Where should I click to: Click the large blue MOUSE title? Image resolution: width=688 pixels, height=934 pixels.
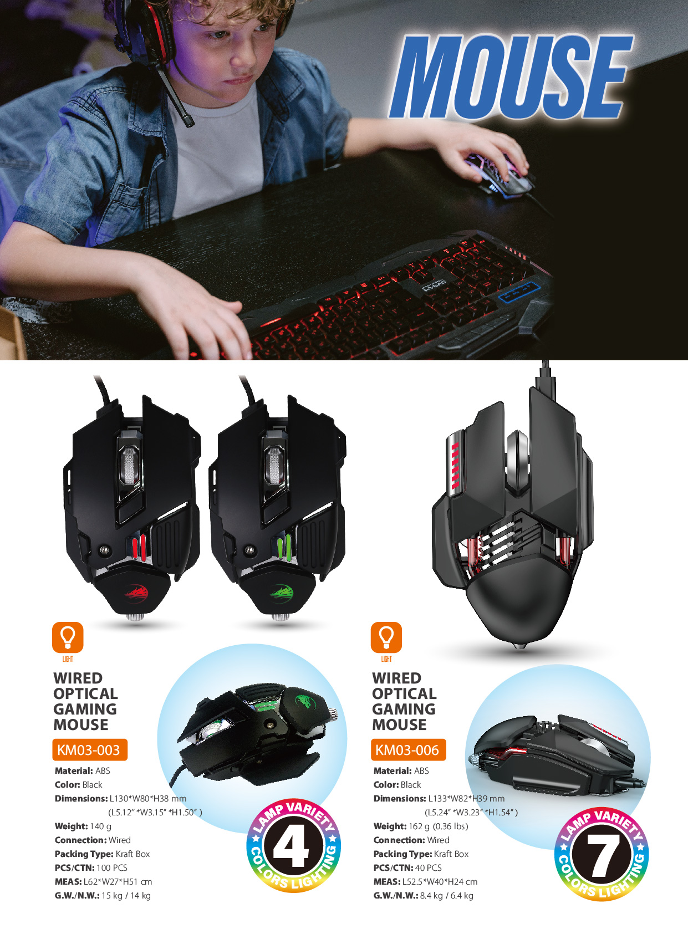point(511,76)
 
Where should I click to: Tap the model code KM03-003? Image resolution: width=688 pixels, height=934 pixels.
point(88,750)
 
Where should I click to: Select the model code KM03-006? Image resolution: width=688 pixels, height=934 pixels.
point(407,750)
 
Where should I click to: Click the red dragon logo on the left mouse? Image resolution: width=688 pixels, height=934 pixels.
point(136,592)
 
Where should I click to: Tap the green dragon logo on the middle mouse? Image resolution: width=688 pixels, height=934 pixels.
point(282,592)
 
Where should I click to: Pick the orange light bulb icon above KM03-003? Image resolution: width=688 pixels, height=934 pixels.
point(68,637)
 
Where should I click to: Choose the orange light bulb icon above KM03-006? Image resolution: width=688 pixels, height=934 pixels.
point(386,637)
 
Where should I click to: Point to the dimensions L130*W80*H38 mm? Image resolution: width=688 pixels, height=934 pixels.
point(148,799)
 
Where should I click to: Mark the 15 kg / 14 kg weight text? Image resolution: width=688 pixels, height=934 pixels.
point(126,896)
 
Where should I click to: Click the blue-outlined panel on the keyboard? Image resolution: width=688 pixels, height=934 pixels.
point(519,293)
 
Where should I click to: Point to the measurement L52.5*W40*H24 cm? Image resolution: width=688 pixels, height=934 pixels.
point(440,882)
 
